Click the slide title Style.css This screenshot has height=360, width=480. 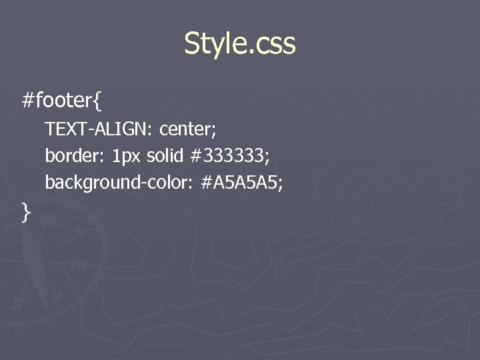pos(239,44)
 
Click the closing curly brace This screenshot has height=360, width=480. pos(26,212)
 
